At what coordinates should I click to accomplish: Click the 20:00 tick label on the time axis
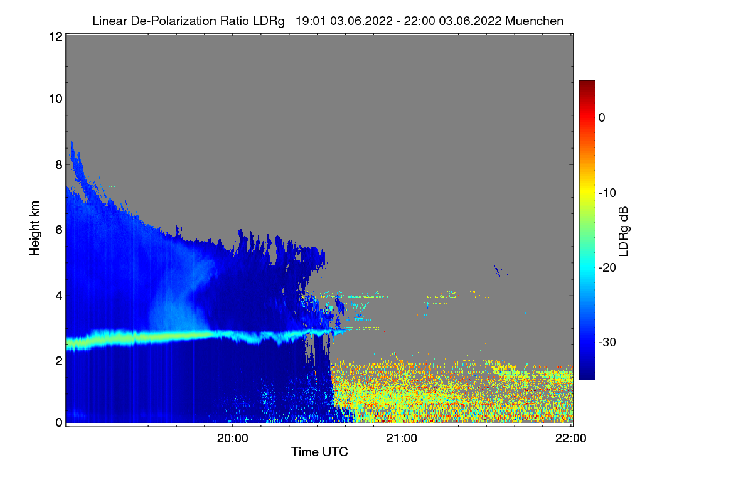tap(232, 439)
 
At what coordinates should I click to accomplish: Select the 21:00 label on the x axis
tap(402, 439)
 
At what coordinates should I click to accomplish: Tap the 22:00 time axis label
tap(571, 439)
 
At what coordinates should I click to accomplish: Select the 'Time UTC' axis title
tap(319, 452)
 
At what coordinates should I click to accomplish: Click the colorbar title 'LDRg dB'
tap(624, 230)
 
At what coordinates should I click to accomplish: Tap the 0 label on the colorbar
tap(602, 117)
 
